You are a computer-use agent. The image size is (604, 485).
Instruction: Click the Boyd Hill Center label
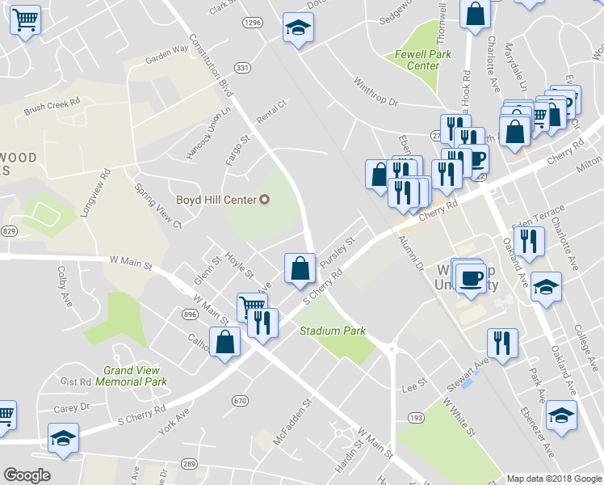point(216,200)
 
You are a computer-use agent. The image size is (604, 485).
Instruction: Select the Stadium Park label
point(333,331)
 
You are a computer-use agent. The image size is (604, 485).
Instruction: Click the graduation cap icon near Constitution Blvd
point(298,29)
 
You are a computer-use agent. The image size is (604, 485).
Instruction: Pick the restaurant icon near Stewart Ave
point(501,343)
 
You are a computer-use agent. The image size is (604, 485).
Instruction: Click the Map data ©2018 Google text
point(553,479)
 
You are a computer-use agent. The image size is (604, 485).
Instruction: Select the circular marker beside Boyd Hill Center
point(263,200)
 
